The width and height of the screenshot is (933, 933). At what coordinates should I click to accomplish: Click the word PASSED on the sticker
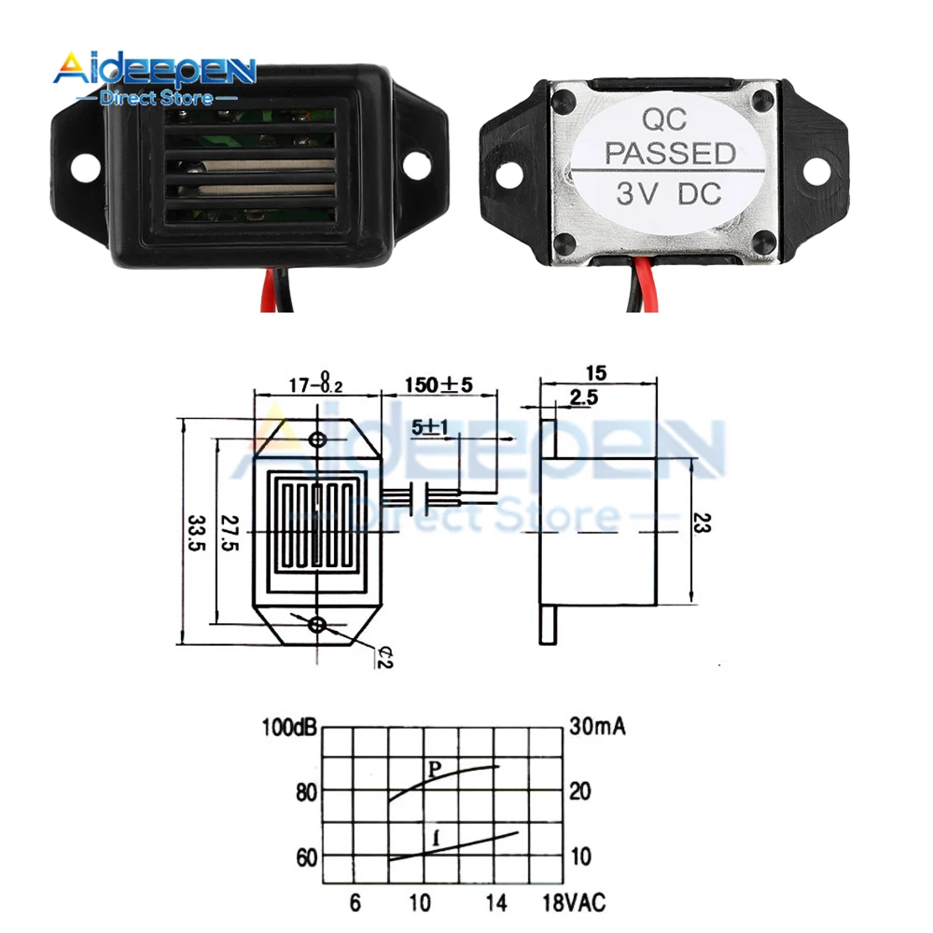pyautogui.click(x=671, y=152)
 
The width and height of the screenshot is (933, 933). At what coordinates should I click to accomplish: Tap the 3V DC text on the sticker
pyautogui.click(x=669, y=195)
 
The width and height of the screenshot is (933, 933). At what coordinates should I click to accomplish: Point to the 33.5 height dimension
pyautogui.click(x=195, y=533)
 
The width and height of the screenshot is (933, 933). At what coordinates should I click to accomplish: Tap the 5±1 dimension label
pyautogui.click(x=432, y=426)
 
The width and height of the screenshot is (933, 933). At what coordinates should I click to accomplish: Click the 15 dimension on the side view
pyautogui.click(x=597, y=372)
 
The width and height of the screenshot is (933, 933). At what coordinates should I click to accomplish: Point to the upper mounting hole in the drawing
pyautogui.click(x=318, y=439)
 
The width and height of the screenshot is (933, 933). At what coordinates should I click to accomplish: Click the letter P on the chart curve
pyautogui.click(x=434, y=770)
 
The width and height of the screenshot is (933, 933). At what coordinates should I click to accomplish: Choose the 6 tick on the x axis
pyautogui.click(x=355, y=902)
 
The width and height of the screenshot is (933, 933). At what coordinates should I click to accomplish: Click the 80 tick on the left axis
pyautogui.click(x=307, y=792)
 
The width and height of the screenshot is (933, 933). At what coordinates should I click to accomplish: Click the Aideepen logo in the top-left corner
pyautogui.click(x=154, y=75)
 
